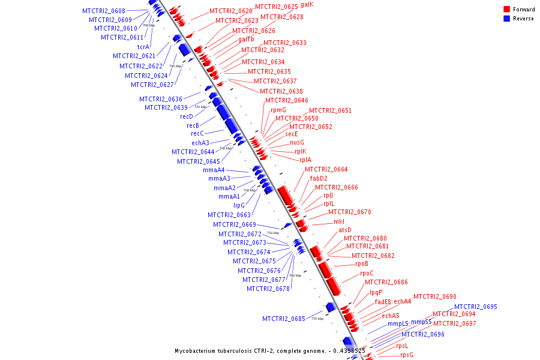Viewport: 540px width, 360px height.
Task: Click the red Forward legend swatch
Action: coord(507,10)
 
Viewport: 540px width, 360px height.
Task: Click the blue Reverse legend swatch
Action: coord(507,19)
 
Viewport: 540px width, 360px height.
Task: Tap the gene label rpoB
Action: coord(361,264)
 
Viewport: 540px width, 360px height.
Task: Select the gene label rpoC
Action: coord(367,274)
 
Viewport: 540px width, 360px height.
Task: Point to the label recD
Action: coord(187,116)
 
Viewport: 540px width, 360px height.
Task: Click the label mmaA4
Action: coord(214,170)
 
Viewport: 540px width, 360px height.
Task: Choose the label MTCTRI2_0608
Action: coord(104,11)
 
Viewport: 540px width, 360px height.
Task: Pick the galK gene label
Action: coord(307,4)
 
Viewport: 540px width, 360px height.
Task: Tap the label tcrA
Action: coord(143,47)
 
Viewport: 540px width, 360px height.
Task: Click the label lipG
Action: coord(239,205)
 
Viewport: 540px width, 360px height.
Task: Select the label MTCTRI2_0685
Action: coord(284,319)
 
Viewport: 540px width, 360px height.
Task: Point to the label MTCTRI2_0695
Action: coord(475,307)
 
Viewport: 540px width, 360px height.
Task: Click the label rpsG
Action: coord(407,355)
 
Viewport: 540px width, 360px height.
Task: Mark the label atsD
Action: coord(345,230)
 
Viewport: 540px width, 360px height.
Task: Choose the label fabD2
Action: coord(319,179)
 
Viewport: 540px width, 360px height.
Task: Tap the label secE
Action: coord(292,134)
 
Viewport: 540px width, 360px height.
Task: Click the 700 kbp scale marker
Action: coord(148,25)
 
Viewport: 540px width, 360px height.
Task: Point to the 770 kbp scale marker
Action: coord(317,319)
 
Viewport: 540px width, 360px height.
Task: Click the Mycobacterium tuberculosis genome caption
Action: coord(270,350)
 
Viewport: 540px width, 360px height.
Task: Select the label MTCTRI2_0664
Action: coord(326,169)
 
